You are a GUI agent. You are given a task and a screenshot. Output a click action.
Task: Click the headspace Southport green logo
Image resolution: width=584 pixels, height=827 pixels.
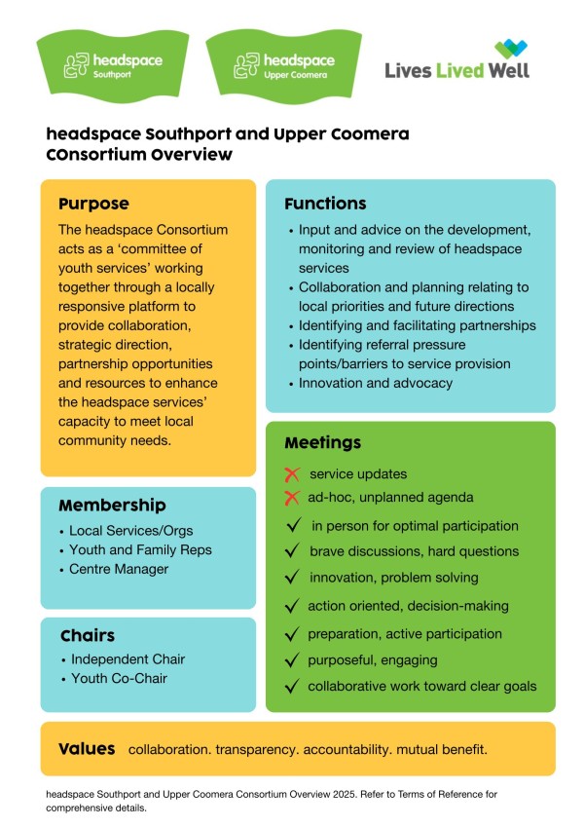coord(113,64)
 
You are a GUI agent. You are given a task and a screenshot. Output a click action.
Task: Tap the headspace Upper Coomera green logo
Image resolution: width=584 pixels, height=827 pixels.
coord(281,64)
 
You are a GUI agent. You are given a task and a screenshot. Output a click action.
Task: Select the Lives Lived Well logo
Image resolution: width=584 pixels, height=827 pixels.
coord(456,60)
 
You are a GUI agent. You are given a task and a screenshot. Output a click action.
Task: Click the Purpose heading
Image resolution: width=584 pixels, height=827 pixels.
coord(93,204)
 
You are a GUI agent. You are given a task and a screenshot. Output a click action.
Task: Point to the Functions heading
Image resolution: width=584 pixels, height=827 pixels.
coord(325,204)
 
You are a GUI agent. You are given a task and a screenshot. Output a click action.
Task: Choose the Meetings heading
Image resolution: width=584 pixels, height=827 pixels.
coord(322,443)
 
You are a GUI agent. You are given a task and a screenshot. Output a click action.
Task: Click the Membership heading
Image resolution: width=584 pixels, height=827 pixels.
coord(112,506)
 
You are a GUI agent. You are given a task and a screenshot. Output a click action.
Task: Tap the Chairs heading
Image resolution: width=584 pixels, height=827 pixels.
coord(87,636)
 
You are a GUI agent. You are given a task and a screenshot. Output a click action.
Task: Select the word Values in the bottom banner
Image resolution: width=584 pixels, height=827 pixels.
coord(87,749)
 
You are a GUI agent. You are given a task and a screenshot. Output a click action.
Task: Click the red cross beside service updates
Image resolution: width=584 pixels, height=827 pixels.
coord(291,474)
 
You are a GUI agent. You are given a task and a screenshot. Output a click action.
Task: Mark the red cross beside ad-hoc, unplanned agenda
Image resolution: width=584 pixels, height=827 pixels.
coord(291,498)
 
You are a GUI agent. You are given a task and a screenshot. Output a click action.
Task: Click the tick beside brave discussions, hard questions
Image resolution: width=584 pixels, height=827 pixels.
coord(291,551)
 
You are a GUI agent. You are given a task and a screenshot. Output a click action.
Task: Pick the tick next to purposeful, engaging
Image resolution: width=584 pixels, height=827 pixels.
coord(291,659)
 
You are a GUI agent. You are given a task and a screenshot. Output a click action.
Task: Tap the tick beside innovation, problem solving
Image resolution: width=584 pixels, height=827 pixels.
coord(291,578)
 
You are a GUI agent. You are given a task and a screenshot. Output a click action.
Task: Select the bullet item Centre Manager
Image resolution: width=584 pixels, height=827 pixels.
coord(118,569)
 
